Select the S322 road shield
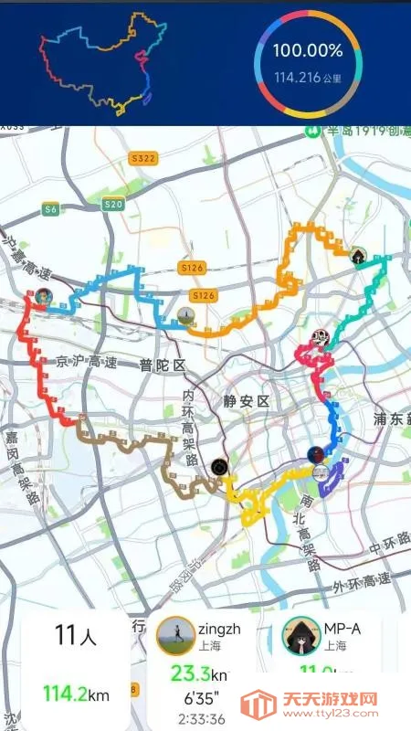pyautogui.click(x=143, y=158)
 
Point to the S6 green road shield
pyautogui.click(x=51, y=209)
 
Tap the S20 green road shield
pyautogui.click(x=113, y=205)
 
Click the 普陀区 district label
pyautogui.click(x=162, y=365)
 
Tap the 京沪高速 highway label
pyautogui.click(x=88, y=363)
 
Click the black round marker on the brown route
pyautogui.click(x=218, y=467)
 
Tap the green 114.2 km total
pyautogui.click(x=76, y=694)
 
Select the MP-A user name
pyautogui.click(x=342, y=630)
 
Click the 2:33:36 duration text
pyautogui.click(x=202, y=718)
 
